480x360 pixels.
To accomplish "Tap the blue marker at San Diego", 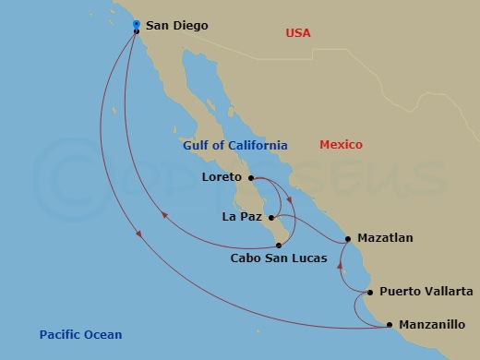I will click(x=136, y=24).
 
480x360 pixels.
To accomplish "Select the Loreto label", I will click(x=221, y=176).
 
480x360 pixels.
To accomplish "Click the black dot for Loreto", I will click(x=251, y=178).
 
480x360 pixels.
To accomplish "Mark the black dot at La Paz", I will click(x=270, y=218).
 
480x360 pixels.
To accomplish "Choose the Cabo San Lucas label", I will click(x=279, y=258).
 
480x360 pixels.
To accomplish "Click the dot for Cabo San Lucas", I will click(x=279, y=245).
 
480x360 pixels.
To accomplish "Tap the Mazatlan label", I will click(x=385, y=238).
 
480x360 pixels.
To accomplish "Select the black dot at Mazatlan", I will click(x=348, y=239).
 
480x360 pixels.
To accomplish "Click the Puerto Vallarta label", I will click(x=426, y=292).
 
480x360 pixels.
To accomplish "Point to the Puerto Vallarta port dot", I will click(x=370, y=293).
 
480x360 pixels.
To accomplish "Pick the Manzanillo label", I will click(x=432, y=325).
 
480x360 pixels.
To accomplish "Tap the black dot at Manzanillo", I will click(x=390, y=325).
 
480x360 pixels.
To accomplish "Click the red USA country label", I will click(x=297, y=33).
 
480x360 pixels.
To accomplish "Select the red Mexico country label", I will click(x=341, y=145).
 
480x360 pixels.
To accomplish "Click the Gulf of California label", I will click(x=234, y=146).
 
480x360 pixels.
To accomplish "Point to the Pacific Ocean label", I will click(x=80, y=335).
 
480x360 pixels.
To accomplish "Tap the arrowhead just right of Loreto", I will click(x=290, y=198).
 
